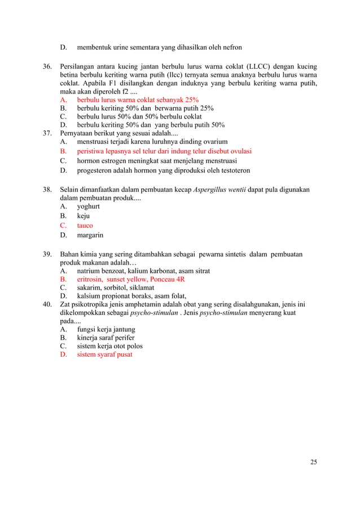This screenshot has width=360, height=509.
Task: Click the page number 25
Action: pos(313,462)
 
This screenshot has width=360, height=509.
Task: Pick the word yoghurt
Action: pos(89,207)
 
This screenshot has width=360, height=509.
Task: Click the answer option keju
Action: pos(84,216)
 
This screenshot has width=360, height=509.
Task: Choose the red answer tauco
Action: pos(85,226)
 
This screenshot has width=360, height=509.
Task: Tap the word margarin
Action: pos(90,235)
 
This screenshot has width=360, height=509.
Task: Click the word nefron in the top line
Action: pos(231,47)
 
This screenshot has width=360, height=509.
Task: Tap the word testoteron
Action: pos(232,170)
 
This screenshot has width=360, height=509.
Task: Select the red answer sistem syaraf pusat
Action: pos(105,354)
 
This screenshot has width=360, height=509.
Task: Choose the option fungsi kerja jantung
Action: pos(106,329)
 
